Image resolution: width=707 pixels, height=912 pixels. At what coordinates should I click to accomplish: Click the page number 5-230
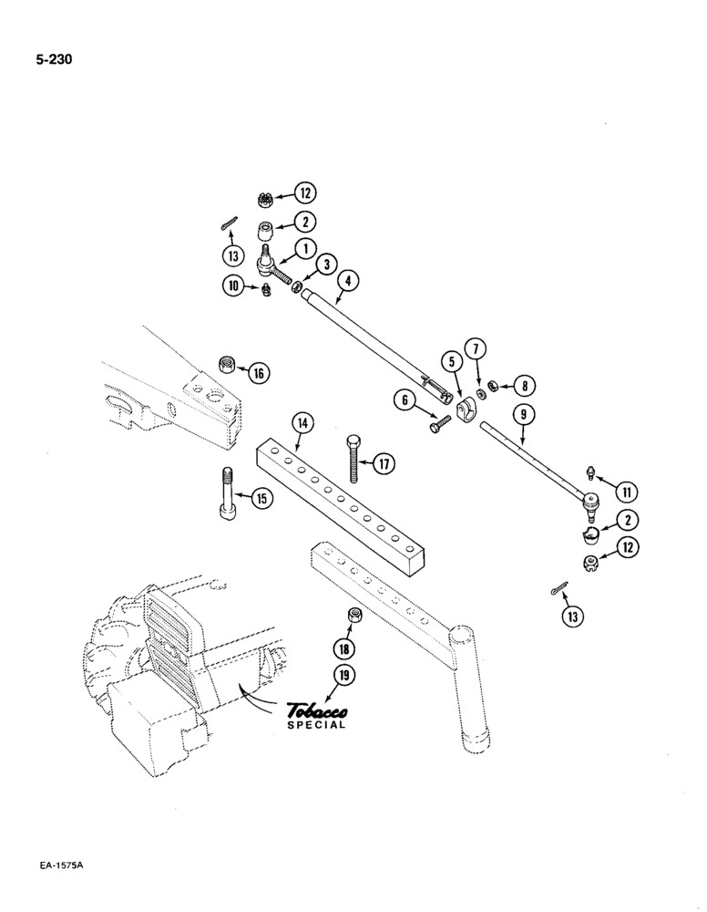coord(54,61)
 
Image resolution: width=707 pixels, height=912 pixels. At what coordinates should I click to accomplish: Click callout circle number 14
coord(302,422)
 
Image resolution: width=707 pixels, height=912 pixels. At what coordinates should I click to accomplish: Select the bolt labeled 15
coord(227,494)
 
